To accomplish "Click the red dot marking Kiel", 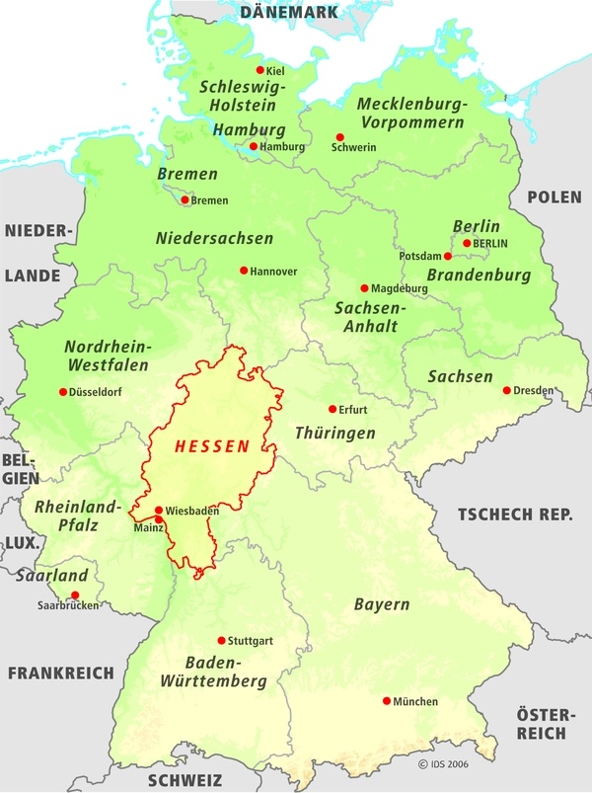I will tap(260, 70).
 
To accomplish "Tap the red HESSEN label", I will tap(212, 447).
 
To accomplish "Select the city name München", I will tap(415, 701).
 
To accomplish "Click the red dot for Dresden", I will tap(507, 390).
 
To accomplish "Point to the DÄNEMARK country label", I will tap(289, 12).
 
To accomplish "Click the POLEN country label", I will tap(554, 198).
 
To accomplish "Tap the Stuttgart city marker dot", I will tap(221, 640).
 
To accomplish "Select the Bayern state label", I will tap(382, 603).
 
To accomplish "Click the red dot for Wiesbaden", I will tap(159, 511).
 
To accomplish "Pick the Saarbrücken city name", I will tap(68, 605).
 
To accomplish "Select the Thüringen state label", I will tap(335, 433).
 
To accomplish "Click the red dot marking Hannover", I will tap(244, 270).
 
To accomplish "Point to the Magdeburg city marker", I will tap(364, 288).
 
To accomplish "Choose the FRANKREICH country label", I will tap(62, 673).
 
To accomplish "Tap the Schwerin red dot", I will tap(339, 137).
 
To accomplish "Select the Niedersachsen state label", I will tap(215, 238).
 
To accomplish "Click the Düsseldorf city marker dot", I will tap(63, 392).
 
